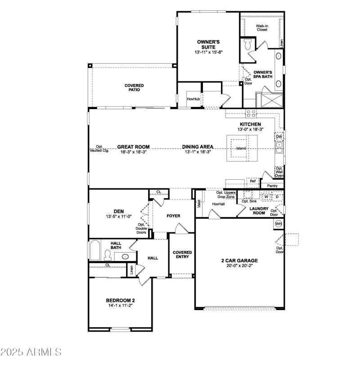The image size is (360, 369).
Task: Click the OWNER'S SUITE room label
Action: [x=208, y=44]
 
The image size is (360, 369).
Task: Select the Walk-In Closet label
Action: [x=262, y=28]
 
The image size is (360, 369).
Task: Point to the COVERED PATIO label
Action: [x=134, y=87]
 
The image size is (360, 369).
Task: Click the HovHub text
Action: [x=193, y=99]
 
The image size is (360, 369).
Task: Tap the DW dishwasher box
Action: [x=279, y=137]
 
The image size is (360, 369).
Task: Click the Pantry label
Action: [x=272, y=186]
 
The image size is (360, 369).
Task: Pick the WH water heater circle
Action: [x=279, y=224]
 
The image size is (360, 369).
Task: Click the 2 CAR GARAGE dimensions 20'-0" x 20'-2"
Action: [x=239, y=266]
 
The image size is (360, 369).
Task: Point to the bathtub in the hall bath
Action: [x=94, y=251]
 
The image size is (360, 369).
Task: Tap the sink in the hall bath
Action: [x=125, y=257]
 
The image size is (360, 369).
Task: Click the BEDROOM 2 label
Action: [x=120, y=300]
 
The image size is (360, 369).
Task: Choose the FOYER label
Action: [x=173, y=216]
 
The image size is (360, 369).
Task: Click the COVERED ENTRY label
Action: [x=182, y=255]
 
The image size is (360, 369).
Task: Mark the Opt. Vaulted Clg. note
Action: [x=99, y=149]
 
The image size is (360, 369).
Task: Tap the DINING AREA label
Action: [x=198, y=147]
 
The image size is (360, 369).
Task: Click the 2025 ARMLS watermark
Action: [x=31, y=352]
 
